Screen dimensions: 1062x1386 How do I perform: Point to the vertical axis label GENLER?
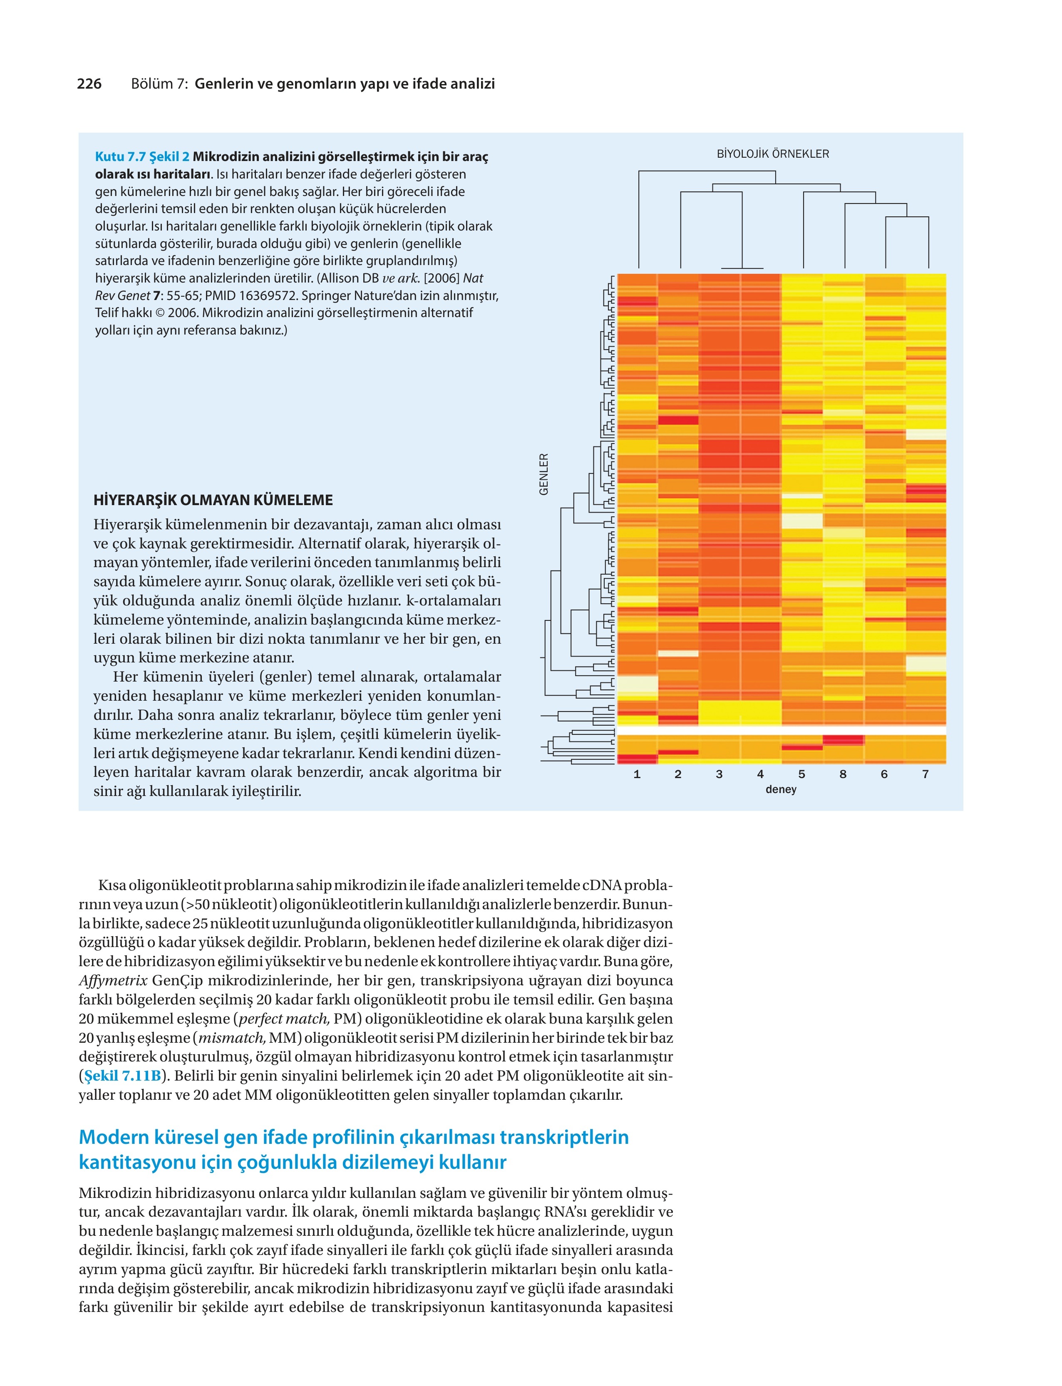(x=543, y=474)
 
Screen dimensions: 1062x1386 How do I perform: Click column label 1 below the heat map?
(x=637, y=774)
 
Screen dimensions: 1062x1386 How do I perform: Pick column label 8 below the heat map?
(x=843, y=774)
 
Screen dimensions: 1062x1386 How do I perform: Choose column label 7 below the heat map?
(x=926, y=774)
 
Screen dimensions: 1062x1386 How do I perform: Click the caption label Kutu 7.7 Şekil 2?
(x=142, y=157)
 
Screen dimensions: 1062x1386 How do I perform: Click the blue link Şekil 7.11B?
(x=123, y=1076)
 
